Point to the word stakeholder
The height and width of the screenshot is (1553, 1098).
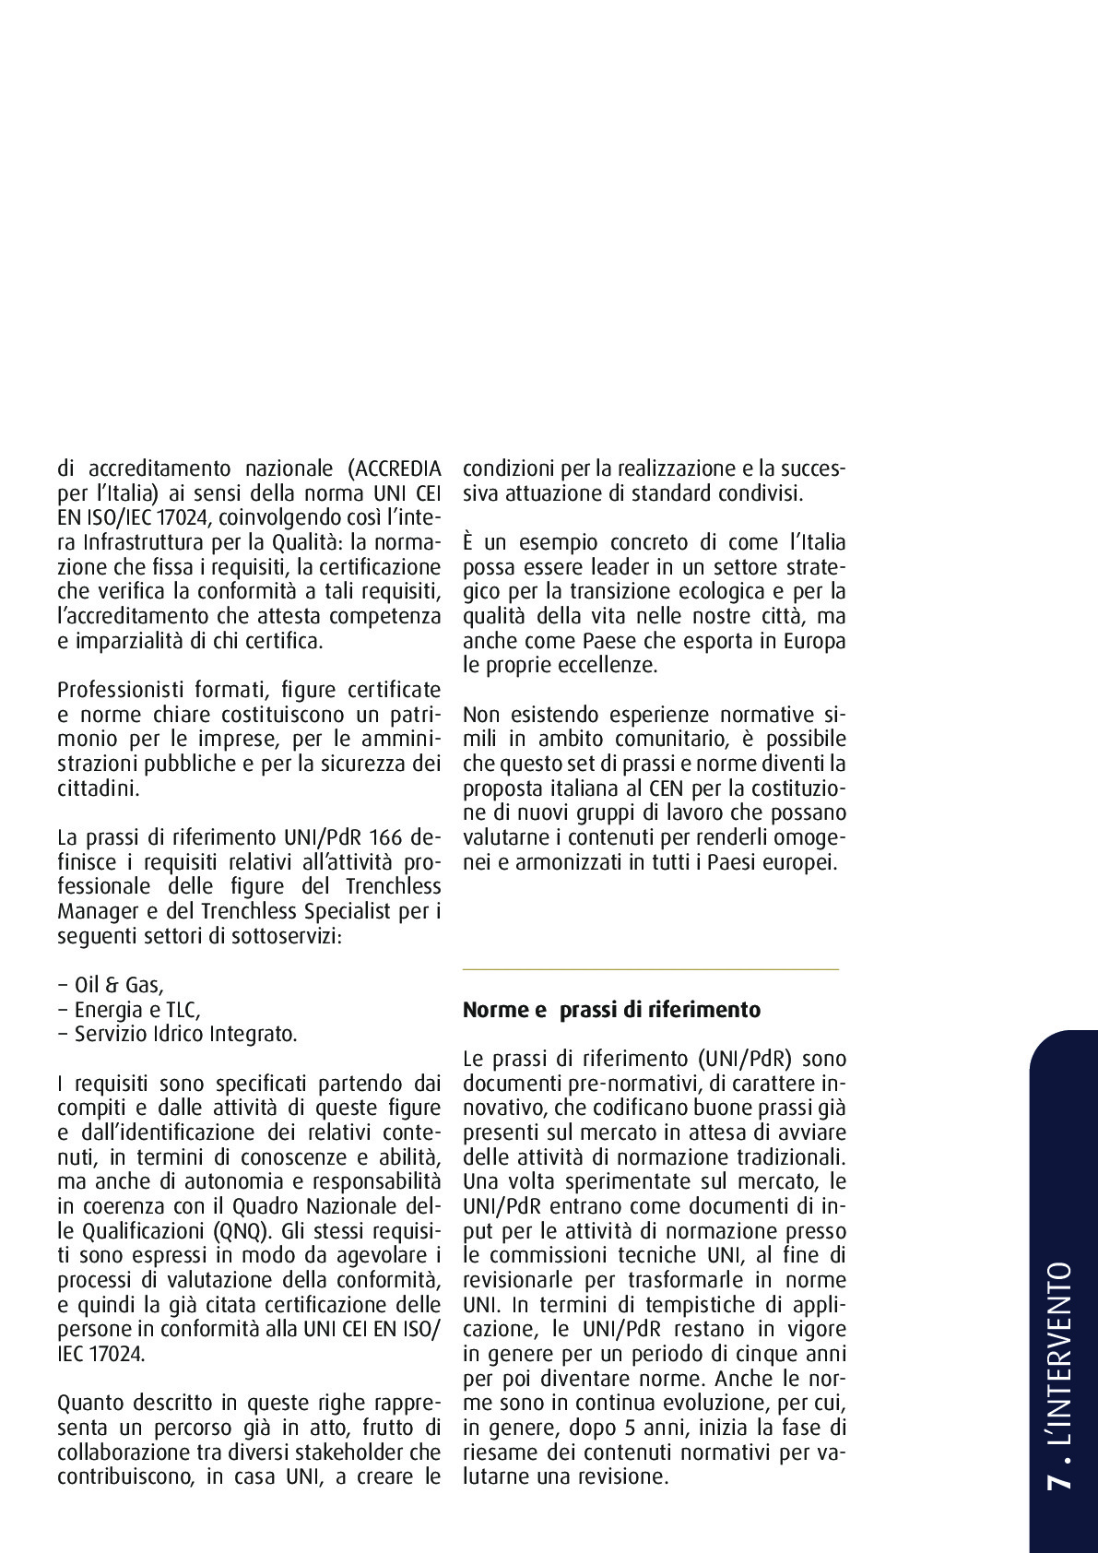coord(349,1452)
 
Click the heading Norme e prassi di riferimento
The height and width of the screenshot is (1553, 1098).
coord(611,1010)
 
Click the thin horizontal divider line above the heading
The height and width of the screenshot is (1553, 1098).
coord(650,969)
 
